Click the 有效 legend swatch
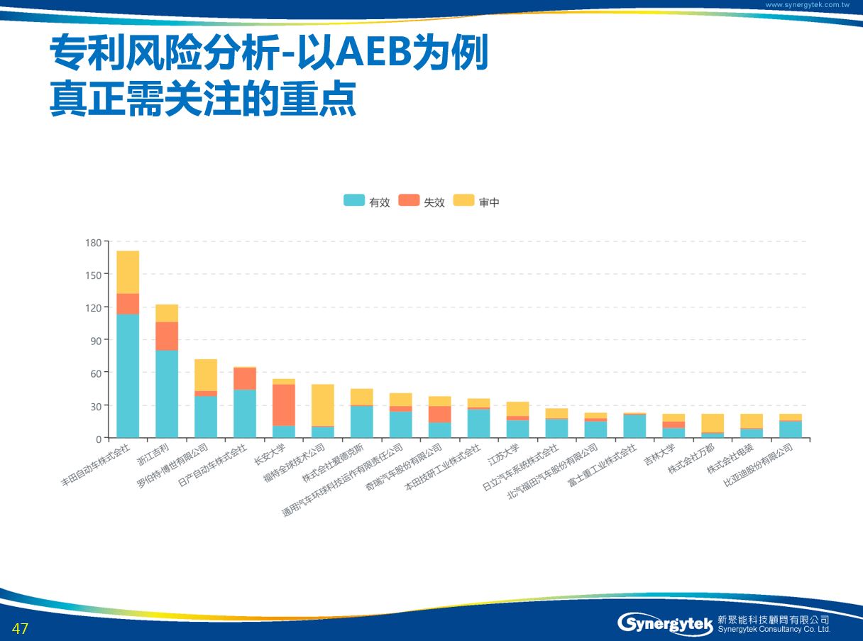(354, 201)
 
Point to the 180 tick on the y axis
(93, 242)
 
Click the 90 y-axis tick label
(95, 340)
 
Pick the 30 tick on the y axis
(95, 406)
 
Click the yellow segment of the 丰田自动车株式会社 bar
(128, 272)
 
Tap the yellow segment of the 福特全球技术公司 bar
(323, 405)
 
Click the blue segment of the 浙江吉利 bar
(167, 394)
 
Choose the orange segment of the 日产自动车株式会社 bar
(245, 378)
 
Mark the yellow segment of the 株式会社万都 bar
(713, 423)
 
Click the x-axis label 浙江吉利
(153, 454)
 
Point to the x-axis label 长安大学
(270, 455)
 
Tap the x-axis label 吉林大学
(659, 455)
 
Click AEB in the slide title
(370, 54)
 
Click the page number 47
(20, 628)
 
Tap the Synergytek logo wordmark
(665, 624)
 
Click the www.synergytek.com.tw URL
(807, 4)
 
